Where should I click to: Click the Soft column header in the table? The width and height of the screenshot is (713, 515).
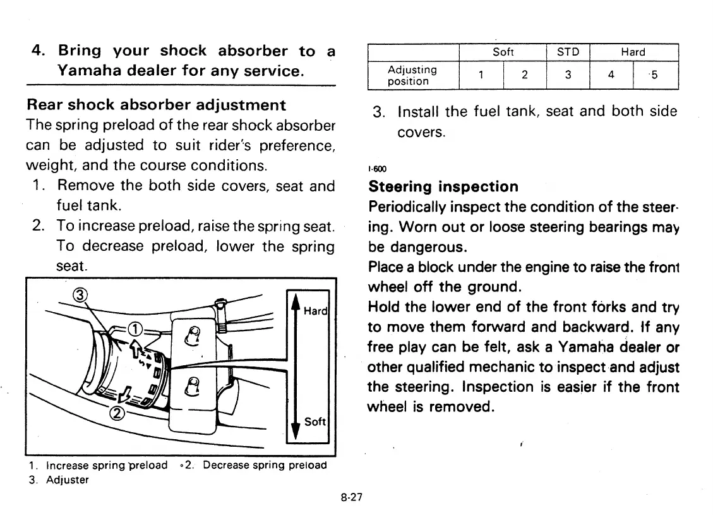tap(503, 52)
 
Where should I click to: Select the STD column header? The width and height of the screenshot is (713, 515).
tap(567, 52)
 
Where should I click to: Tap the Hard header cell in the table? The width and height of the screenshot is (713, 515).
tap(633, 52)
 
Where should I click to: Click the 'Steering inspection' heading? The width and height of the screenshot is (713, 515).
tap(443, 186)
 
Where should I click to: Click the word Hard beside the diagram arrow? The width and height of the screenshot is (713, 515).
tap(315, 311)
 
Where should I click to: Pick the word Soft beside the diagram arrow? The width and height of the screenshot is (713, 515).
tap(315, 421)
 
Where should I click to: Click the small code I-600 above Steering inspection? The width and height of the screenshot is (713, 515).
tap(376, 169)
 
